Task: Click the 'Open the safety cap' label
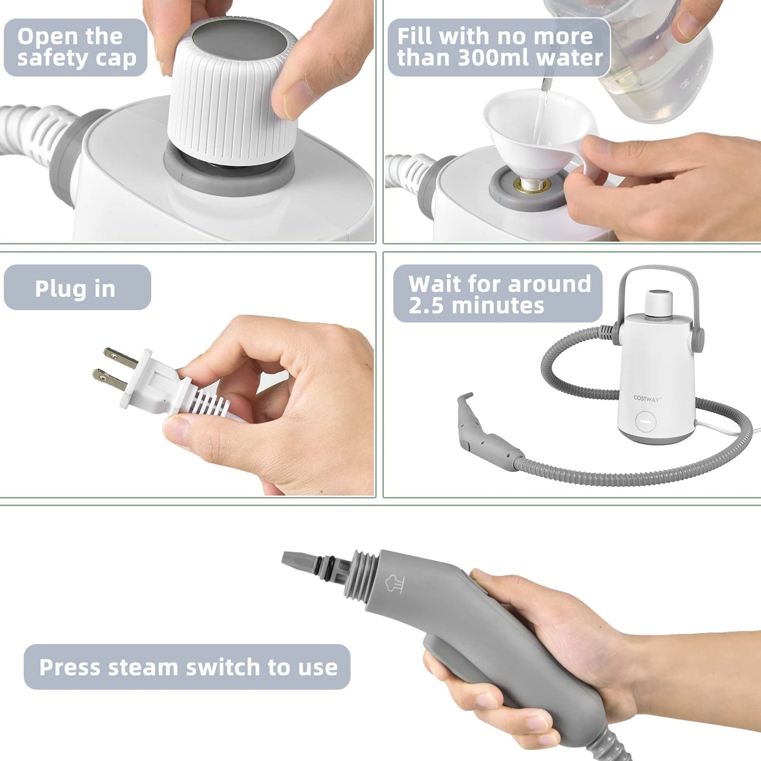[75, 47]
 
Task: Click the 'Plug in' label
[76, 288]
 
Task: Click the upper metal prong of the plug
[120, 358]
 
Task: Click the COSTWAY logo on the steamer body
[647, 399]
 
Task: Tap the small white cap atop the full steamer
[659, 302]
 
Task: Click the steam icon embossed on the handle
[394, 584]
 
